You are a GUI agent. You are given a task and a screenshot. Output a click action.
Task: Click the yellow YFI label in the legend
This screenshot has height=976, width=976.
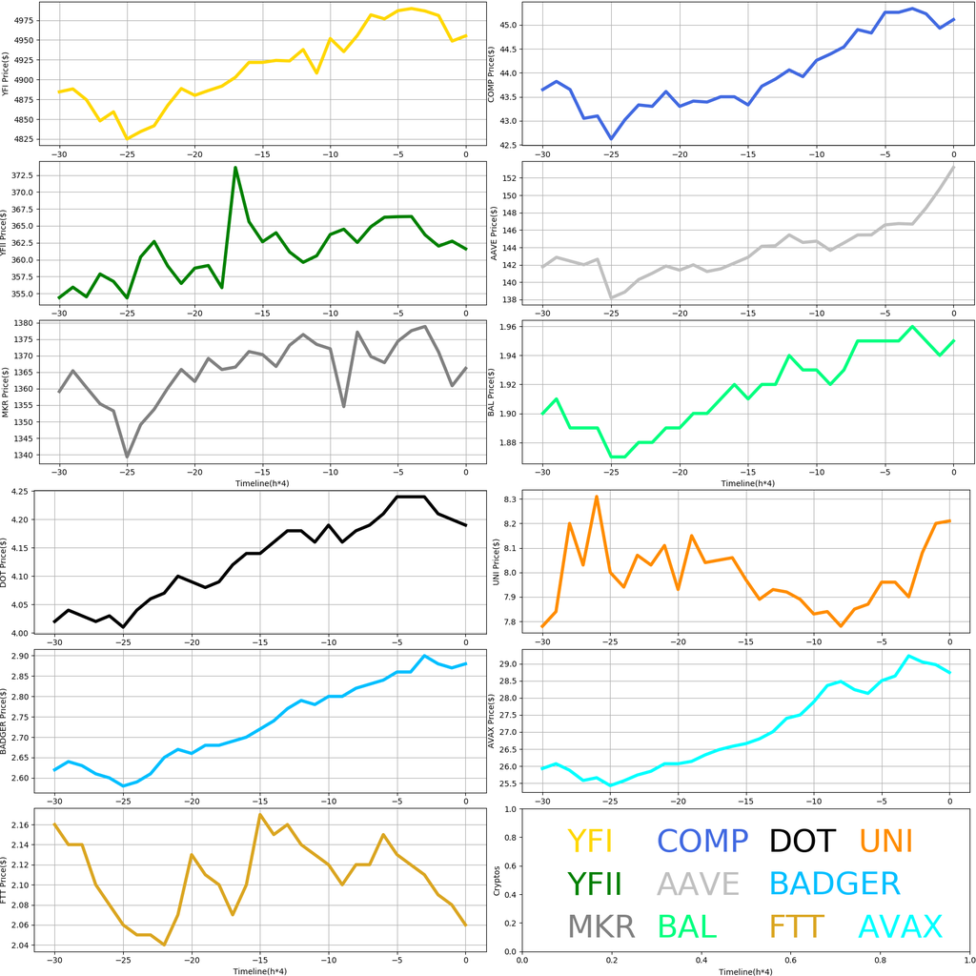click(589, 841)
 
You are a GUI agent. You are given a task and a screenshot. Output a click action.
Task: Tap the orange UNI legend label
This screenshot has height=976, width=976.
click(885, 841)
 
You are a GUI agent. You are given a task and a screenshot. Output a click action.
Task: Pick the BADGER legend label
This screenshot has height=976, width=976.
click(834, 884)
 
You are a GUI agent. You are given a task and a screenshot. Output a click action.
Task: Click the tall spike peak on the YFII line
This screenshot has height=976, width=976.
click(235, 168)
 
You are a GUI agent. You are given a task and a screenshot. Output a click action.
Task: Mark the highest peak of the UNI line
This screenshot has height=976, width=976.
click(597, 497)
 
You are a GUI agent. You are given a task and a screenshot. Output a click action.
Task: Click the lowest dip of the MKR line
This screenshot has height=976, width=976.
click(127, 457)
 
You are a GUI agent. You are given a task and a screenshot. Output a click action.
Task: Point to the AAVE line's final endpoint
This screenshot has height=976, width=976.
click(953, 167)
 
